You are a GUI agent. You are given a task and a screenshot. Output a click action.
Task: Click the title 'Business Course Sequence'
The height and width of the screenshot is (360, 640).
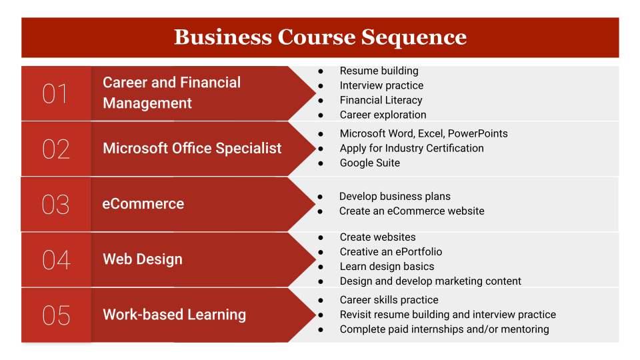pos(321,37)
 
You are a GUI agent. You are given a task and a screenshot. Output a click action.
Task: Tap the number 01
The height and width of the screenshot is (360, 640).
pos(55,93)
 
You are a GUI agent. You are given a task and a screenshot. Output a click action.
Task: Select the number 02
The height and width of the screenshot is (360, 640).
pos(56,149)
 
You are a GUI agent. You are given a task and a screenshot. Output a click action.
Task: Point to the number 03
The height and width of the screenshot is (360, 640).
pos(55,204)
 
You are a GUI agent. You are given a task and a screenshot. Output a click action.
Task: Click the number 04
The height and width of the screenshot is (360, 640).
pos(56,259)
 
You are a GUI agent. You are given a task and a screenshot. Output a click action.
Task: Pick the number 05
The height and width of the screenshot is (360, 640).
pos(56,315)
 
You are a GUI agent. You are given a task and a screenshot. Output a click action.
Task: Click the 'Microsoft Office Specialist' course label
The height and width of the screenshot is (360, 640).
pos(192,148)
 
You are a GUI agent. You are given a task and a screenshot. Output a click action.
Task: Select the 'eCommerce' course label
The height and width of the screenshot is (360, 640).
pos(143,204)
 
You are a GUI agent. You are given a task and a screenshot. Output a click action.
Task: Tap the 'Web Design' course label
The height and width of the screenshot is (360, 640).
pos(143,259)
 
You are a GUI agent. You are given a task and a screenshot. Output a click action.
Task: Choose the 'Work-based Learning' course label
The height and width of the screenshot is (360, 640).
pos(174,315)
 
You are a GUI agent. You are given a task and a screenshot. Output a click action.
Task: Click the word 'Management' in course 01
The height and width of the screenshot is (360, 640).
pos(147,103)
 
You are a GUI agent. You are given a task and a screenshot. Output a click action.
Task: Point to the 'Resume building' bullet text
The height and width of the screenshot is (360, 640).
pos(379,71)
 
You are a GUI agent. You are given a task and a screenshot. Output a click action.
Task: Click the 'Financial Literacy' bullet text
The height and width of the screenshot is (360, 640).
pos(381,101)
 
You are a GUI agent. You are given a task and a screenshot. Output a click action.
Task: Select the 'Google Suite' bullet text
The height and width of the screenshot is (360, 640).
pos(370,163)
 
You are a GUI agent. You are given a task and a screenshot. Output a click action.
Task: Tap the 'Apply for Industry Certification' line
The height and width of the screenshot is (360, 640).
pos(411,148)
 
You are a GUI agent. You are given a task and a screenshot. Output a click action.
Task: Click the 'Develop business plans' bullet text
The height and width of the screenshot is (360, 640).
pos(395,196)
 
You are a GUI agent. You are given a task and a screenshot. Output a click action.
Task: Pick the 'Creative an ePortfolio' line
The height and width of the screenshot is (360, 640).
pos(391,252)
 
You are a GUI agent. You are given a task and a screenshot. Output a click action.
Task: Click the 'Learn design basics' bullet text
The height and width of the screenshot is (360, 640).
pos(387,267)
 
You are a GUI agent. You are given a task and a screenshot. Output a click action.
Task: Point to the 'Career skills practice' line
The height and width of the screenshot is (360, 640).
pos(389,300)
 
